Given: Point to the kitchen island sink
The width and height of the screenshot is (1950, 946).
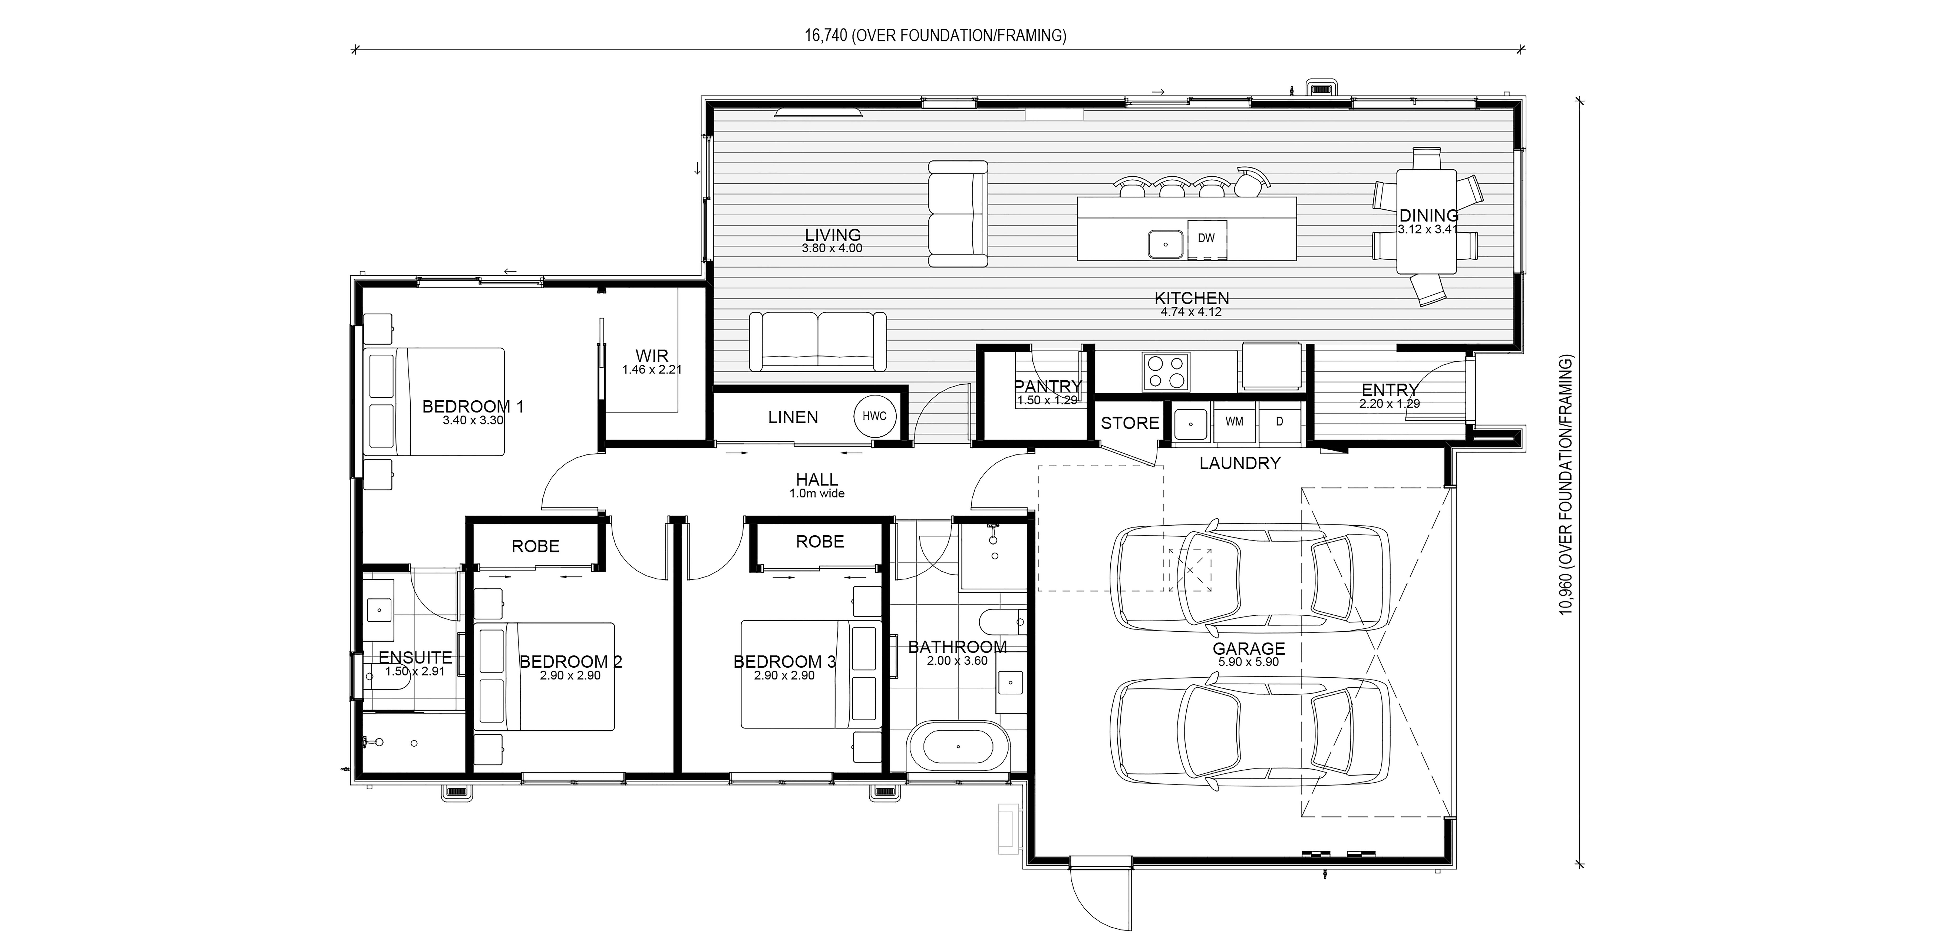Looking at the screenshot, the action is [x=1167, y=244].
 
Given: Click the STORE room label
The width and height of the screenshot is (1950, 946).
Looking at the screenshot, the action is [x=1129, y=423].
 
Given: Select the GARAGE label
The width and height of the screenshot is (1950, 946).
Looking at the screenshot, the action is [x=1249, y=649].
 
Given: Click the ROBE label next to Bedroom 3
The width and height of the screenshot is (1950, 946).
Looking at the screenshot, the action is [x=820, y=542].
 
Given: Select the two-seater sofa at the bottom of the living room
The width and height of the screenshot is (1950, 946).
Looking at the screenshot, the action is [x=818, y=341].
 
